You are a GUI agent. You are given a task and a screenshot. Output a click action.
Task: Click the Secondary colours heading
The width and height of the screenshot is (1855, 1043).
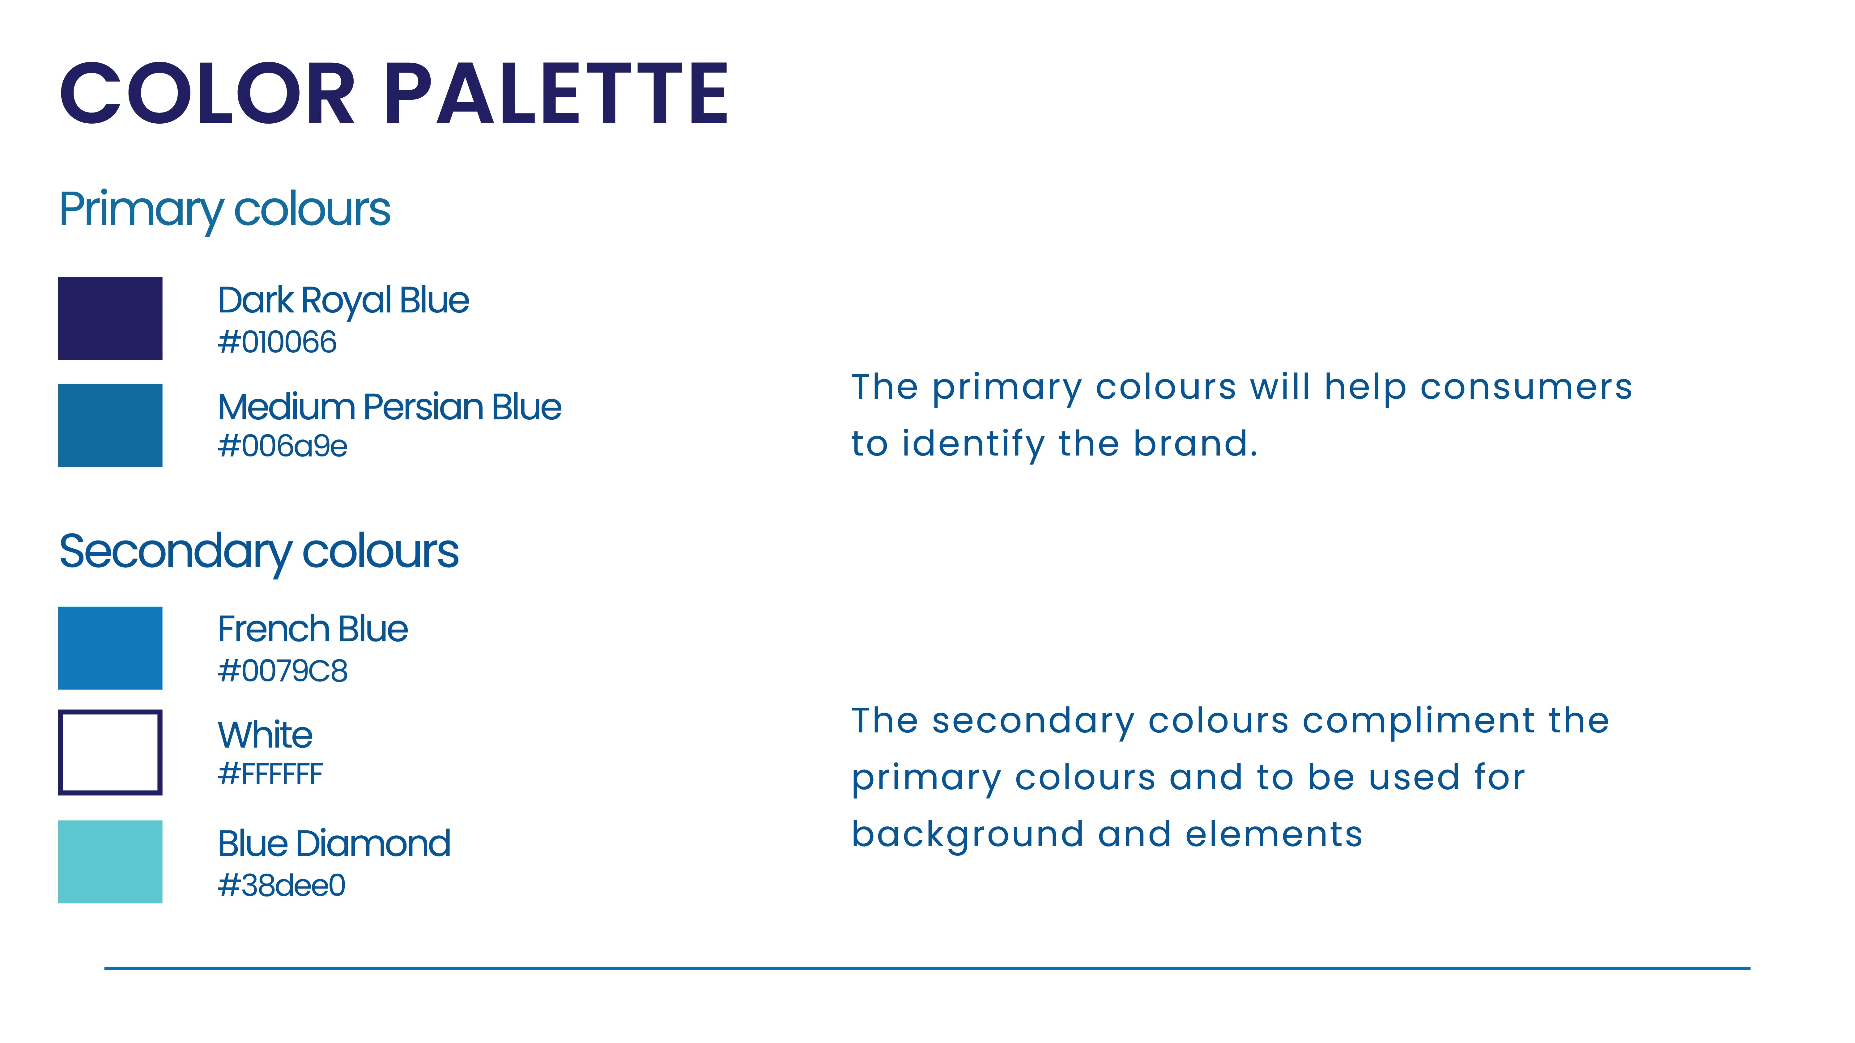258,553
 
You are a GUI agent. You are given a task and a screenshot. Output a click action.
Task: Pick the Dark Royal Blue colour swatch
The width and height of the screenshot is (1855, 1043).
110,318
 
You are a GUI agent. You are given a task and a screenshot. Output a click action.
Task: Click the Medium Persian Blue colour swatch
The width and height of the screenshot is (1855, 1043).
110,426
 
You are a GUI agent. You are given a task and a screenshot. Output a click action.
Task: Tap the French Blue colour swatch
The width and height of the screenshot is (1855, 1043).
110,648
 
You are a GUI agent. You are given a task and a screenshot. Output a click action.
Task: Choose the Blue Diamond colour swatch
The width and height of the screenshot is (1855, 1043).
110,862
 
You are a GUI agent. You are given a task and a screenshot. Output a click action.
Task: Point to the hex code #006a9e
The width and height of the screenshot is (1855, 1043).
282,446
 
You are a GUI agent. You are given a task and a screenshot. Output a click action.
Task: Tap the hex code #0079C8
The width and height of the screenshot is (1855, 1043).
282,671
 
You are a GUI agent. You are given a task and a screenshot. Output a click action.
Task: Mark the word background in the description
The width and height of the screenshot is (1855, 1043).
968,835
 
